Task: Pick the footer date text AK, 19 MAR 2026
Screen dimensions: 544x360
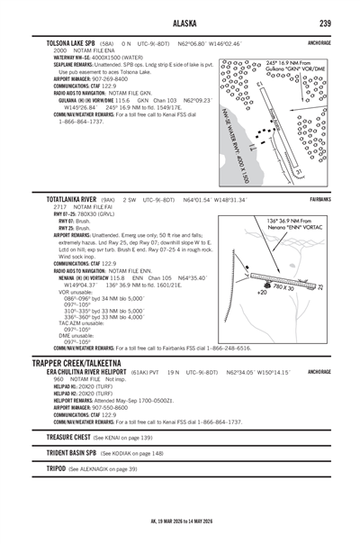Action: (x=180, y=521)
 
